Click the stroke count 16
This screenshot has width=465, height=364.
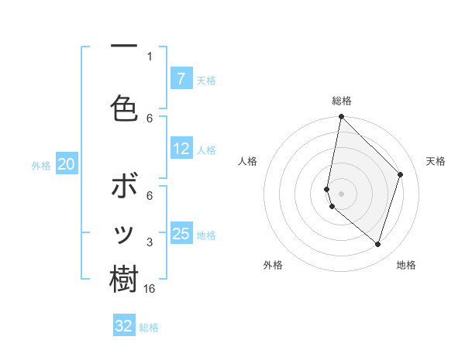150,288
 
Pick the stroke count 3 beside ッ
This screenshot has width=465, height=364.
150,242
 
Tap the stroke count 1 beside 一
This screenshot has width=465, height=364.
150,56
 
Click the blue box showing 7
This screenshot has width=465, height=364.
181,78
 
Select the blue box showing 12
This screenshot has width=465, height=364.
181,149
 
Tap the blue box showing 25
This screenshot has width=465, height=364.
181,234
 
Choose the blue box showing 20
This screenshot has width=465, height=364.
66,164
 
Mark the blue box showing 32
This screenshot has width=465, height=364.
124,326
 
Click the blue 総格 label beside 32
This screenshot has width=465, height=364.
149,328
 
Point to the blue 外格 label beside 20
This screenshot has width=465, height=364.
41,165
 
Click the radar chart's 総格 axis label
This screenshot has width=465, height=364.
342,101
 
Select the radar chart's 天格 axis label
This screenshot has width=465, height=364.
436,161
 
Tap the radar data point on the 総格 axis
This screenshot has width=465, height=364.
341,117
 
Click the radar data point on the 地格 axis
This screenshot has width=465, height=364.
377,245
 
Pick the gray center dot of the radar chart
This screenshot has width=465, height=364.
341,194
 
